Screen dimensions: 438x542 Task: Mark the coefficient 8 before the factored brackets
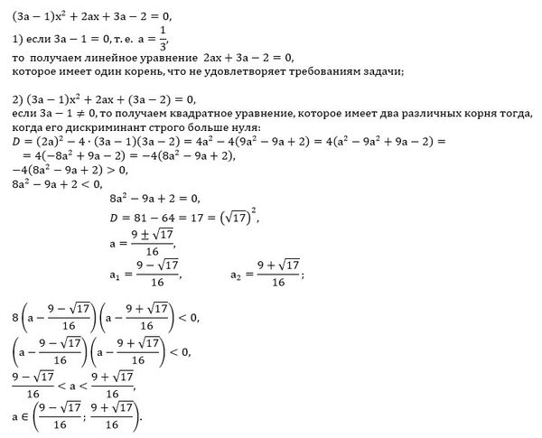8,319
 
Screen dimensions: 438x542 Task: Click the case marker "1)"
8,38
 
